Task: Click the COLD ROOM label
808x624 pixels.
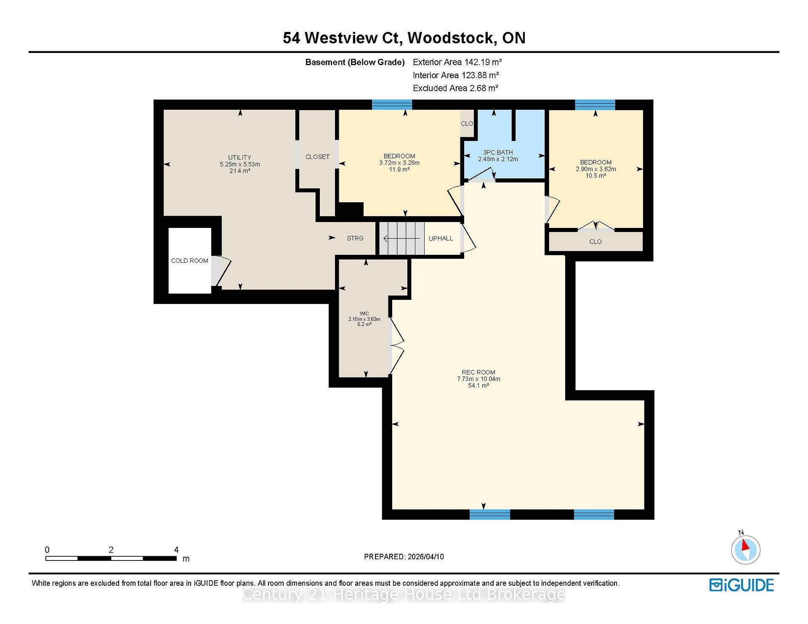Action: point(189,261)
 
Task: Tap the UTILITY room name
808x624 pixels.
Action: point(239,157)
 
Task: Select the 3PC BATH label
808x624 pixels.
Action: point(498,152)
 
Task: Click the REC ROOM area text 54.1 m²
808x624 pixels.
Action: point(478,386)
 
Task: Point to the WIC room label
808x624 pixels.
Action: point(364,313)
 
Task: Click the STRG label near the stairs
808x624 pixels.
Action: point(355,238)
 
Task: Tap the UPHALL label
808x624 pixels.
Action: point(441,238)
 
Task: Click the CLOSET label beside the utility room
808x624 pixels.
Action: point(317,157)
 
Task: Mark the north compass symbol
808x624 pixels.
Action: point(745,549)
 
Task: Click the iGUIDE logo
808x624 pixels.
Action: point(742,585)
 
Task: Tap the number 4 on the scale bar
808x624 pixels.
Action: point(176,550)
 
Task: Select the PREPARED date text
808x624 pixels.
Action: point(404,557)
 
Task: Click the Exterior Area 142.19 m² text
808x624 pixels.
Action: point(457,62)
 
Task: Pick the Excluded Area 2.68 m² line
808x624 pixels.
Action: point(455,88)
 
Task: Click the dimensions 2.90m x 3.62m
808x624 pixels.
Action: point(595,169)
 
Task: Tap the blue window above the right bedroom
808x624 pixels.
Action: point(595,105)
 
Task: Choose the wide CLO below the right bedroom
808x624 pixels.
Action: point(595,242)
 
